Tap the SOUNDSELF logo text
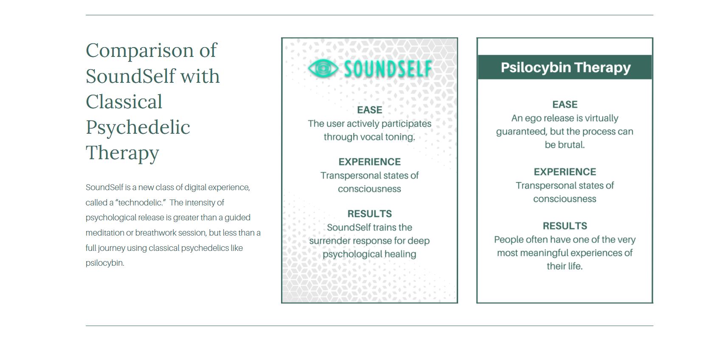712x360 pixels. (388, 69)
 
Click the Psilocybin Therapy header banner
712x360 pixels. (565, 67)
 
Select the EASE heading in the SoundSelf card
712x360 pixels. (369, 110)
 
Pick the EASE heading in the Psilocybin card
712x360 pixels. (565, 104)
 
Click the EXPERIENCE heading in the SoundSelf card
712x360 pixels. (369, 162)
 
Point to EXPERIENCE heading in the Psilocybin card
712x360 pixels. (565, 172)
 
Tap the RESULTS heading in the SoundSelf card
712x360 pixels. (369, 214)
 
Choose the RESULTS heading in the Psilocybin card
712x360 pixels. (565, 226)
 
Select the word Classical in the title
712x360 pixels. (124, 102)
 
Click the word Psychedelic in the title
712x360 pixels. (138, 127)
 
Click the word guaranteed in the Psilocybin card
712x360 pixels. (521, 132)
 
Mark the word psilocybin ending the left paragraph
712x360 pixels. (104, 263)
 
